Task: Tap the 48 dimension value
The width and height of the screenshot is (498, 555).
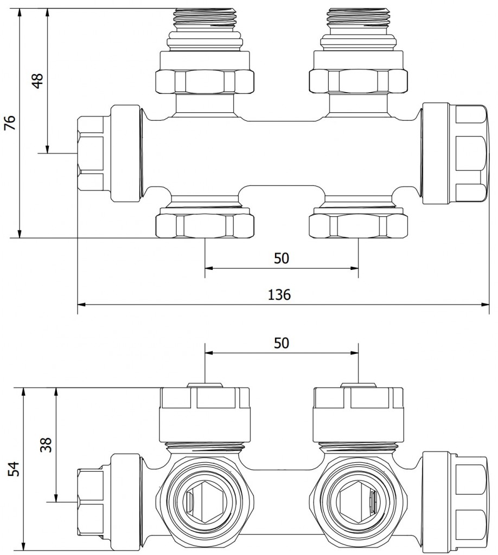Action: pyautogui.click(x=37, y=81)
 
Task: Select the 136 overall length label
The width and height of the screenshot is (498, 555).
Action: pyautogui.click(x=280, y=294)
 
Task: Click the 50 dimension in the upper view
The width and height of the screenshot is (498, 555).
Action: pyautogui.click(x=281, y=258)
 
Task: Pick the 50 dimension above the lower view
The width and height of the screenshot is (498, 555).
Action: pyautogui.click(x=281, y=343)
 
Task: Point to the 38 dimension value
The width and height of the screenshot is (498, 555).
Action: pyautogui.click(x=46, y=444)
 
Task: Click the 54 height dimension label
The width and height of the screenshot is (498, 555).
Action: pyautogui.click(x=15, y=469)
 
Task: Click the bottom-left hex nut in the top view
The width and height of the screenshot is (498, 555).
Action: pyautogui.click(x=205, y=225)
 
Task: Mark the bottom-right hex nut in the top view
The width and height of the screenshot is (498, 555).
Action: pyautogui.click(x=358, y=225)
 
